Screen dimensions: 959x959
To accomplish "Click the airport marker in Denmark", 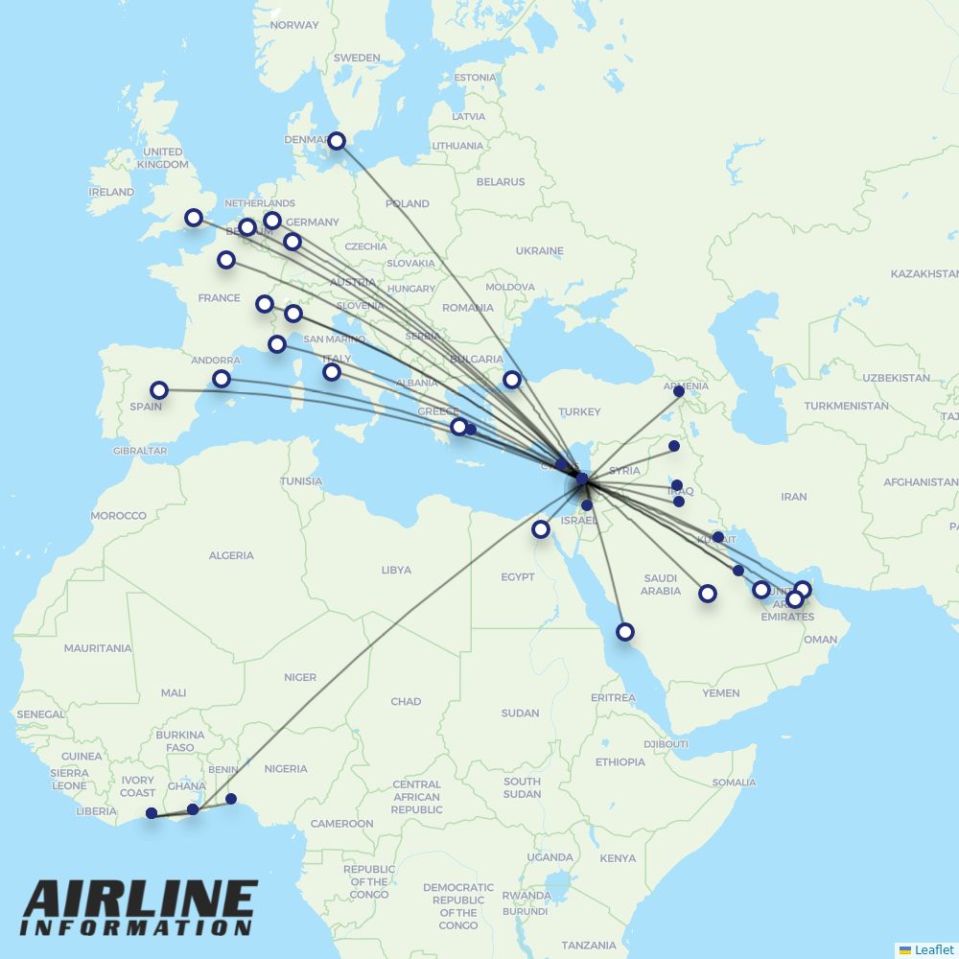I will coord(337,141).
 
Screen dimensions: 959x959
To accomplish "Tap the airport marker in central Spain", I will coord(159,390).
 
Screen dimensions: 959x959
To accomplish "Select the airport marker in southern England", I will coord(194,218).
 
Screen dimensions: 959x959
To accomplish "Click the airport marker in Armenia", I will coord(679,391).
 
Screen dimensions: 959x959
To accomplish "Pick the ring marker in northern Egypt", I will coord(541,528).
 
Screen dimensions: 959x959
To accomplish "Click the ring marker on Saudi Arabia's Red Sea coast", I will coord(625,631).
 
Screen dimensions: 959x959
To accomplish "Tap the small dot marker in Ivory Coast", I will coord(152,813).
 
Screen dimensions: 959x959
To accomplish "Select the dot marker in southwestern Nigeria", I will coord(230,799).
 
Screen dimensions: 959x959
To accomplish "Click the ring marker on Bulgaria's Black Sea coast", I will coord(512,379).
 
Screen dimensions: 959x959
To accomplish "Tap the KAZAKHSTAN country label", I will coord(924,274).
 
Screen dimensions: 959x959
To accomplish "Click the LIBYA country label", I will coord(396,570).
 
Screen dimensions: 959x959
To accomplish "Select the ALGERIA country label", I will coord(231,555).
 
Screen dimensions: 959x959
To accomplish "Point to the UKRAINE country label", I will coord(539,250).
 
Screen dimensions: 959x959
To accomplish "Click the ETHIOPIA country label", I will coord(620,762).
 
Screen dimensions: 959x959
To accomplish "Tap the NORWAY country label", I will coord(294,25).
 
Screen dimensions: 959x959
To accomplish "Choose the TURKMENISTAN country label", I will coord(847,406).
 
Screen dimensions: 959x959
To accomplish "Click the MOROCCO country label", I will coord(118,516).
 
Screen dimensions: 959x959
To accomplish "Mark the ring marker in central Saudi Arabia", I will coord(708,594).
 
